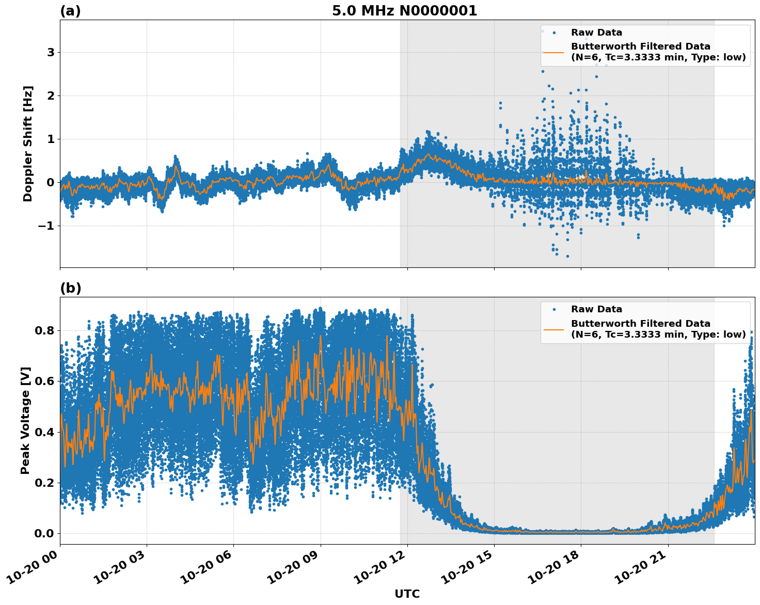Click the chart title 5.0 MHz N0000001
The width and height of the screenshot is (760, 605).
pyautogui.click(x=404, y=11)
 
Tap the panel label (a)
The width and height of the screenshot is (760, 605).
pyautogui.click(x=70, y=11)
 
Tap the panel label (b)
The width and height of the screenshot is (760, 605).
pyautogui.click(x=70, y=288)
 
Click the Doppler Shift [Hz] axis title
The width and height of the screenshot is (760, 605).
pyautogui.click(x=28, y=144)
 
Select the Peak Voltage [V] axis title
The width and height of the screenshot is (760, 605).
pyautogui.click(x=25, y=420)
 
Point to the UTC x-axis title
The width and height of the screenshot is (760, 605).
pyautogui.click(x=407, y=594)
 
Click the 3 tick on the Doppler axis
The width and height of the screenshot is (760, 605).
pyautogui.click(x=51, y=53)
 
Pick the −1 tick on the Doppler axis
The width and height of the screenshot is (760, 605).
pyautogui.click(x=46, y=226)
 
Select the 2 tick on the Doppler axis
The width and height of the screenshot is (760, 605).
pyautogui.click(x=51, y=96)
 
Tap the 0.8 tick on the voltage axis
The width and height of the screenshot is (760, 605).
pyautogui.click(x=44, y=330)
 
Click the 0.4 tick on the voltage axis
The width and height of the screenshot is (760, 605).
pyautogui.click(x=44, y=432)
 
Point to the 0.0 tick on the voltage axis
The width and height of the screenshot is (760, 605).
pyautogui.click(x=44, y=533)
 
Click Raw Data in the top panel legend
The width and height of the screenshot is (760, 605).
pyautogui.click(x=596, y=33)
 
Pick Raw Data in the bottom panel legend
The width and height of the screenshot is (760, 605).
pyautogui.click(x=596, y=309)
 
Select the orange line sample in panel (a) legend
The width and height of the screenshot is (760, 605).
pyautogui.click(x=554, y=52)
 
